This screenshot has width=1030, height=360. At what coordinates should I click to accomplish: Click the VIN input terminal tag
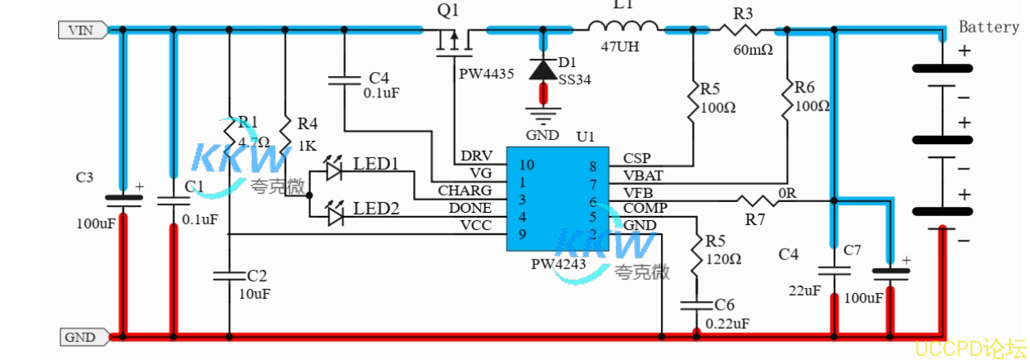[80, 30]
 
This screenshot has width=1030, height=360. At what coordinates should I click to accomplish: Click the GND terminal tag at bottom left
[80, 336]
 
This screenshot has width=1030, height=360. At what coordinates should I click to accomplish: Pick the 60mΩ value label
[752, 50]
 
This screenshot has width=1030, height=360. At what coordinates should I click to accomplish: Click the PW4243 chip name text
[559, 265]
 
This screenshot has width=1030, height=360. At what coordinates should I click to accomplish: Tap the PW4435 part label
[486, 74]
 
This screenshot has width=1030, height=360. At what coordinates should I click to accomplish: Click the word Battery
[989, 27]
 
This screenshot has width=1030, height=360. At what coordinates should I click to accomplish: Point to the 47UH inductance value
[619, 47]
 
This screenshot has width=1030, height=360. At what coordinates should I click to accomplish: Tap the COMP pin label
[645, 208]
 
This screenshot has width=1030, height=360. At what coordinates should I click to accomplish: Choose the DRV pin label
[476, 156]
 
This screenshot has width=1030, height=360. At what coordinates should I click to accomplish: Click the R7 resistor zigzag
[756, 200]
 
